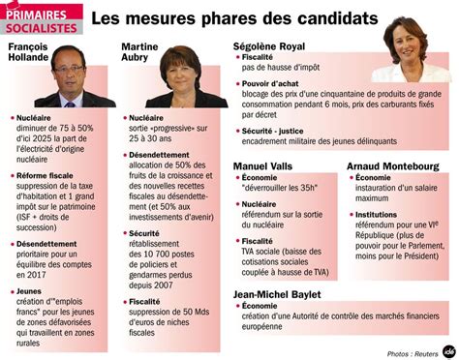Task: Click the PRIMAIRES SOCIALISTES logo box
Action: [44, 19]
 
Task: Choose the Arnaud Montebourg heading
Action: [392, 166]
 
